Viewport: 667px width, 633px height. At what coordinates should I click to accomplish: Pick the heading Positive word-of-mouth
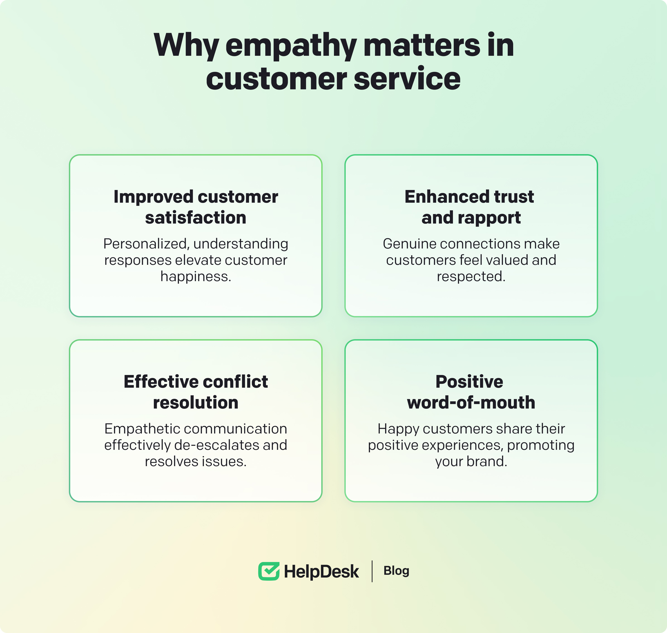pyautogui.click(x=471, y=392)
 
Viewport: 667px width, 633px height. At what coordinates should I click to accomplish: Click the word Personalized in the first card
pyautogui.click(x=146, y=244)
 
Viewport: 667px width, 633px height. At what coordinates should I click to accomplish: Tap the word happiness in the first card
pyautogui.click(x=196, y=277)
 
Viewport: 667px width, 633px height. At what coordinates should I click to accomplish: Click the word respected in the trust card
pyautogui.click(x=471, y=277)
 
